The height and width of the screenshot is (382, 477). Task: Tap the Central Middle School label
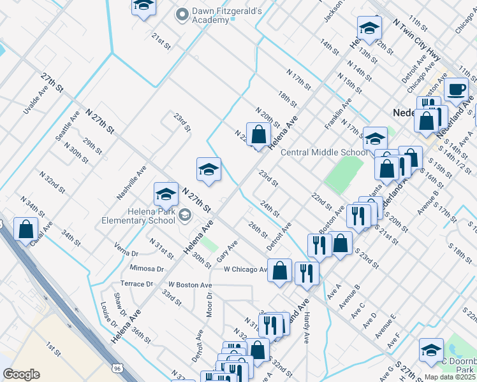(324, 152)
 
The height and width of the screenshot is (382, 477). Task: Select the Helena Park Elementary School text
(138, 216)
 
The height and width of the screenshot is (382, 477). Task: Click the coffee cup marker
(456, 90)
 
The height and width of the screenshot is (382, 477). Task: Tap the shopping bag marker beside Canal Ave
(26, 229)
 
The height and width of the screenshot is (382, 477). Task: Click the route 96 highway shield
(117, 368)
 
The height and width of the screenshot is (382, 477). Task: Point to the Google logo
(21, 374)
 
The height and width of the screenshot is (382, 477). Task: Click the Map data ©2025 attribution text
(450, 377)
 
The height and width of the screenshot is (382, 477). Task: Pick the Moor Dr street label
(209, 305)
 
